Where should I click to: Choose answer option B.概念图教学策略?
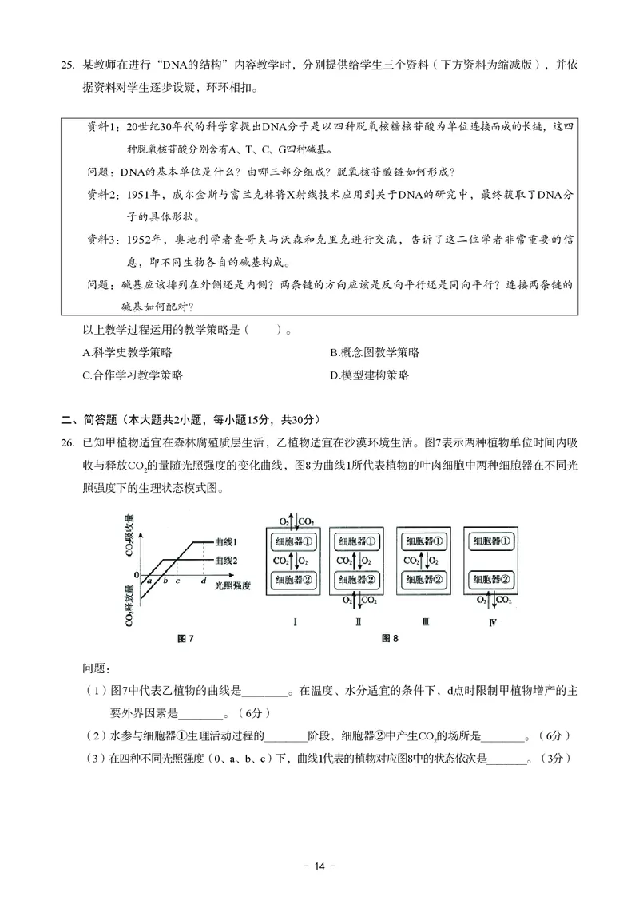pos(374,352)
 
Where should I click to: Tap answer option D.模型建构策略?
pos(369,375)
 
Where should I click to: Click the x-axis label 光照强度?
pos(233,586)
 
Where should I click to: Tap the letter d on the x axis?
pos(204,581)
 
